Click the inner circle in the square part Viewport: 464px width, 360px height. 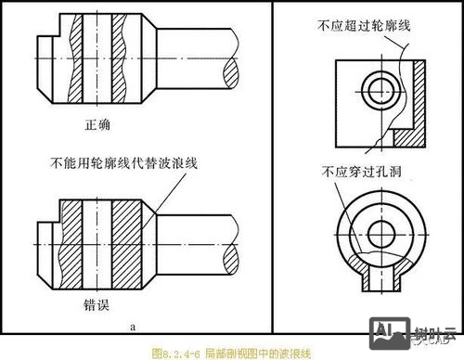click(377, 90)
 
